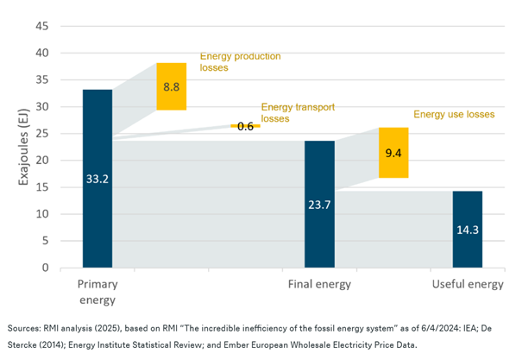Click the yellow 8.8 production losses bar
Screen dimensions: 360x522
[171, 86]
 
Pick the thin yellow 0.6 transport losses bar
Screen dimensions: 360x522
[245, 126]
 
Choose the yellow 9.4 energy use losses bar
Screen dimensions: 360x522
[393, 153]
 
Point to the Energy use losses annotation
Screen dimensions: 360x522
[454, 113]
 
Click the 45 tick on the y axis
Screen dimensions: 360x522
[42, 26]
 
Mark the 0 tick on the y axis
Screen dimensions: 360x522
[46, 268]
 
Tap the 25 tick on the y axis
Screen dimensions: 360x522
[42, 134]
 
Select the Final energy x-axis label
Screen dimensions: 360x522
[319, 284]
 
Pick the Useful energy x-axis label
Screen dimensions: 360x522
[467, 284]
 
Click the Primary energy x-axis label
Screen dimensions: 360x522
[97, 291]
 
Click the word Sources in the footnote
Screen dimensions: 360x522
[26, 329]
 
